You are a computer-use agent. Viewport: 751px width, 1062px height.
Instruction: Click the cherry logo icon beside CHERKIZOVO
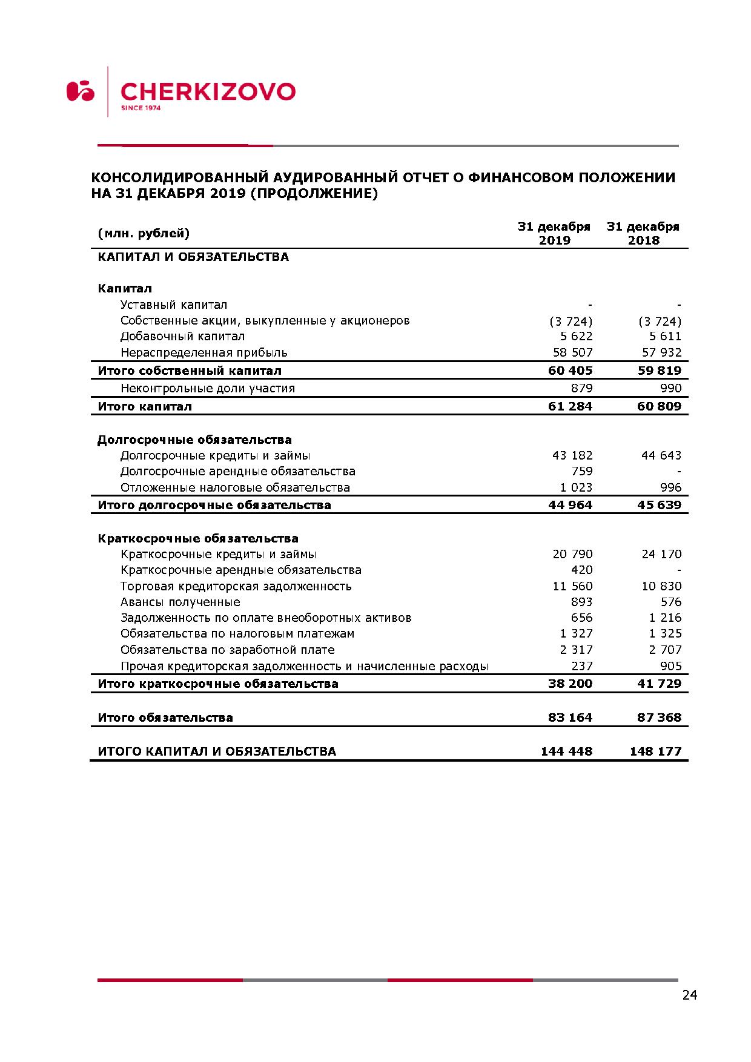[x=81, y=91]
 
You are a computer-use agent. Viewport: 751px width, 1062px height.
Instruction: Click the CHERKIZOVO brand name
[x=208, y=91]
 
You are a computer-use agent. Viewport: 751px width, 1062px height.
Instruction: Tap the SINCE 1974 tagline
[x=141, y=108]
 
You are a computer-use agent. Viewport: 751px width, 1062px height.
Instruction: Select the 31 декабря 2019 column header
[x=554, y=233]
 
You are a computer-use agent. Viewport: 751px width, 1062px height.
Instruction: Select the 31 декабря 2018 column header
[x=643, y=233]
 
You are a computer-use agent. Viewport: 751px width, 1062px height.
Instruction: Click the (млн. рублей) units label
[x=144, y=233]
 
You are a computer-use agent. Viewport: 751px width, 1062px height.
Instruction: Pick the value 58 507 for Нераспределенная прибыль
[x=572, y=352]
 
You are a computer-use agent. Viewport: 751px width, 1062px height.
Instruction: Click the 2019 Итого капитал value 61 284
[x=570, y=406]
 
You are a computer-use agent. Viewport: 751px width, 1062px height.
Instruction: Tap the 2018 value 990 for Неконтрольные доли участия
[x=671, y=388]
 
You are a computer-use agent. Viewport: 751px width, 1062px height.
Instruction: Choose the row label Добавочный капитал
[x=182, y=336]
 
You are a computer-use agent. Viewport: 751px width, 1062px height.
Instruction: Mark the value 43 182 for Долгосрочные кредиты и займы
[x=572, y=455]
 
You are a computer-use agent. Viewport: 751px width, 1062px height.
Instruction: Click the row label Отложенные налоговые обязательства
[x=235, y=487]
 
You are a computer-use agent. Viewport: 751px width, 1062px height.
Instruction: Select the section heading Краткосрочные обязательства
[x=198, y=538]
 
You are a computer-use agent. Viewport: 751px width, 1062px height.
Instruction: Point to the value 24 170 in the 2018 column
[x=661, y=554]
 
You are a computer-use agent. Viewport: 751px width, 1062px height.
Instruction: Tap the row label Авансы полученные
[x=180, y=602]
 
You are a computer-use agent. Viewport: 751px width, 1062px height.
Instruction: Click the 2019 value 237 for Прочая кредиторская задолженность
[x=582, y=666]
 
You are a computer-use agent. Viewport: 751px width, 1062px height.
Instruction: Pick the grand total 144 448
[x=566, y=751]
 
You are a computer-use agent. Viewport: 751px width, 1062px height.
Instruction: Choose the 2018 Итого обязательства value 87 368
[x=659, y=717]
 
